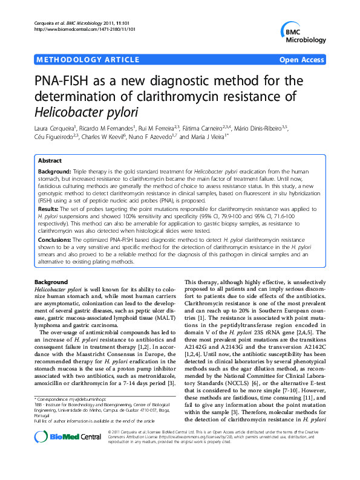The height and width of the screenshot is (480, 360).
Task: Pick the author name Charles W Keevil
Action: click(x=131, y=137)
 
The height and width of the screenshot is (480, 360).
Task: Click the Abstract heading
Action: click(x=50, y=161)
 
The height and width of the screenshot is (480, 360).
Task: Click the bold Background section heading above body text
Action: click(x=51, y=282)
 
